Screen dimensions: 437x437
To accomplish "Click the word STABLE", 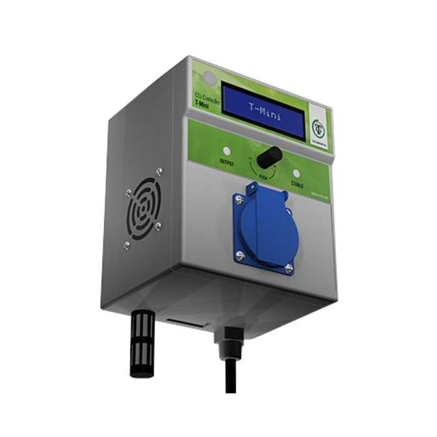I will click(x=298, y=185).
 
